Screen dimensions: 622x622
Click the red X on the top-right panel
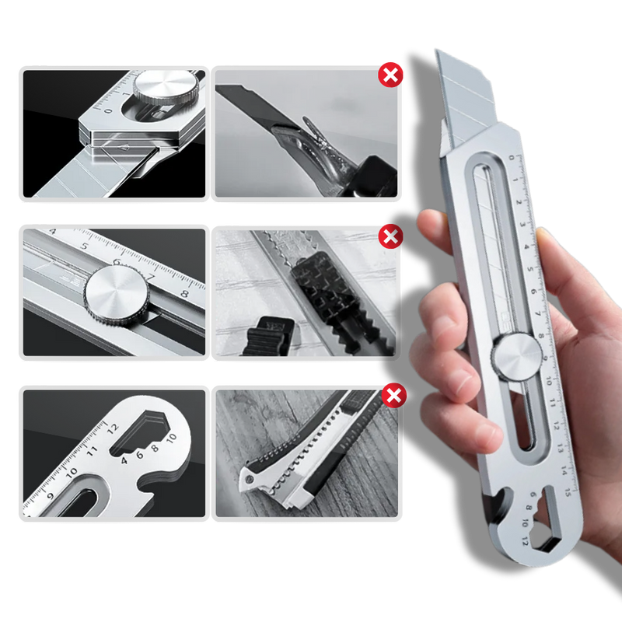coord(390,75)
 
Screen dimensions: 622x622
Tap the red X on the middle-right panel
coord(390,236)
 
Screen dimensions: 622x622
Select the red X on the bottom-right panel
coord(395,397)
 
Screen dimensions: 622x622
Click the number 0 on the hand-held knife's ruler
coord(511,158)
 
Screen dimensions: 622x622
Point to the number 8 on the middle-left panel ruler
coord(183,294)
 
